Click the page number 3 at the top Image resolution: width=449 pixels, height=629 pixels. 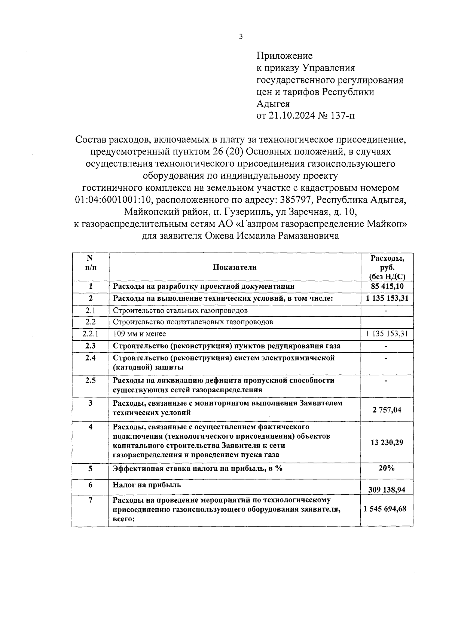click(x=241, y=37)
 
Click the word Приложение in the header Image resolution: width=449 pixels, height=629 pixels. click(x=284, y=56)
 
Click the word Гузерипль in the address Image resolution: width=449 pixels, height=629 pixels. click(x=247, y=212)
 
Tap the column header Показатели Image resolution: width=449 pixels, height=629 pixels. click(x=235, y=267)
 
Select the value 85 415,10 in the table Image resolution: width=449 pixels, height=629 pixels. click(x=387, y=286)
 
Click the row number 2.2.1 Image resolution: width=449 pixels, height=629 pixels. click(x=90, y=334)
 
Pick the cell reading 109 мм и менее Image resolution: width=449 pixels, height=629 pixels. click(x=140, y=334)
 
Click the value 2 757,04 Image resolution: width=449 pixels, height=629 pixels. click(x=387, y=410)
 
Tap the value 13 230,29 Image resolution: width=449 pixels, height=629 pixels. click(x=387, y=442)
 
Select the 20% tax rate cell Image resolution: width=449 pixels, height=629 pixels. click(x=387, y=468)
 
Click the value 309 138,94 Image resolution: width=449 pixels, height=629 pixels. click(x=387, y=490)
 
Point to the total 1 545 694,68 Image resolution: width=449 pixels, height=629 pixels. click(x=387, y=509)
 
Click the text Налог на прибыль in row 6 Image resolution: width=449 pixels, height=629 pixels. click(x=147, y=485)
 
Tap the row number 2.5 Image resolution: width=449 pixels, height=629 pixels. click(x=90, y=380)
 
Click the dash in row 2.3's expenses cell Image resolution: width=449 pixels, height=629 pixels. click(x=386, y=346)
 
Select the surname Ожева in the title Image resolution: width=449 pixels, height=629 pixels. click(x=218, y=236)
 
